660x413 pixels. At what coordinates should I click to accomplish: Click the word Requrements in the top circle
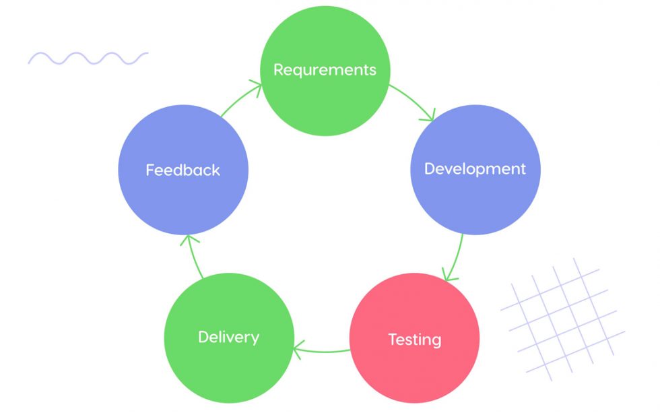click(325, 70)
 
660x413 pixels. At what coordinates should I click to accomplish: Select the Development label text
click(475, 168)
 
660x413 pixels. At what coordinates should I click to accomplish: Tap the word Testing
click(414, 340)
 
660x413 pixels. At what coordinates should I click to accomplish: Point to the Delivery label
click(228, 336)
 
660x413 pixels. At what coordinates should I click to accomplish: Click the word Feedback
click(183, 170)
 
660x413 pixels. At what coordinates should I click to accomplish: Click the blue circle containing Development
click(475, 202)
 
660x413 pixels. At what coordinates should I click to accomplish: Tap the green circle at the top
click(325, 40)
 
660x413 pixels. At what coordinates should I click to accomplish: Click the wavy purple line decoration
click(88, 58)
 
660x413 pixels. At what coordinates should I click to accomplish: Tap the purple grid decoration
click(562, 317)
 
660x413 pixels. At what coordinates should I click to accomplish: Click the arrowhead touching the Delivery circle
click(298, 348)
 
